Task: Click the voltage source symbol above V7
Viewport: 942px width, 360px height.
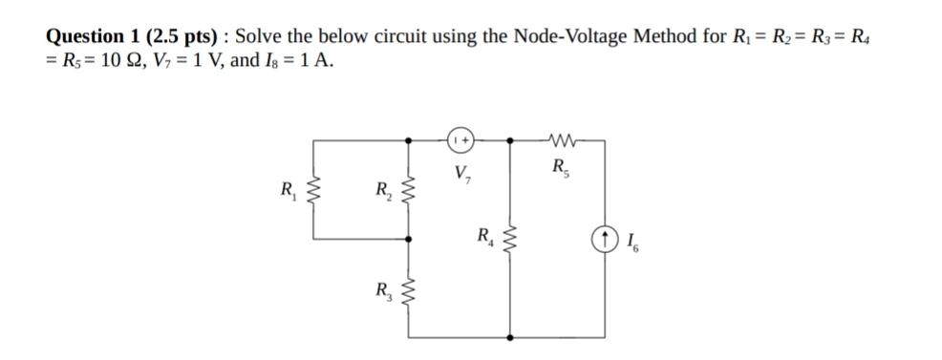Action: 460,139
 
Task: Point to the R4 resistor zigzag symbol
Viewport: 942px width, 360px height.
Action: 510,239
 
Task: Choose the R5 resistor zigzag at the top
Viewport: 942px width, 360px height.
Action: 557,139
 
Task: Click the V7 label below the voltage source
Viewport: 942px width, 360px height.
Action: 461,175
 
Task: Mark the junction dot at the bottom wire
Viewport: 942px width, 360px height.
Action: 510,338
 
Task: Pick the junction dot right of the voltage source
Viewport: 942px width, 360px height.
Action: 510,139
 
